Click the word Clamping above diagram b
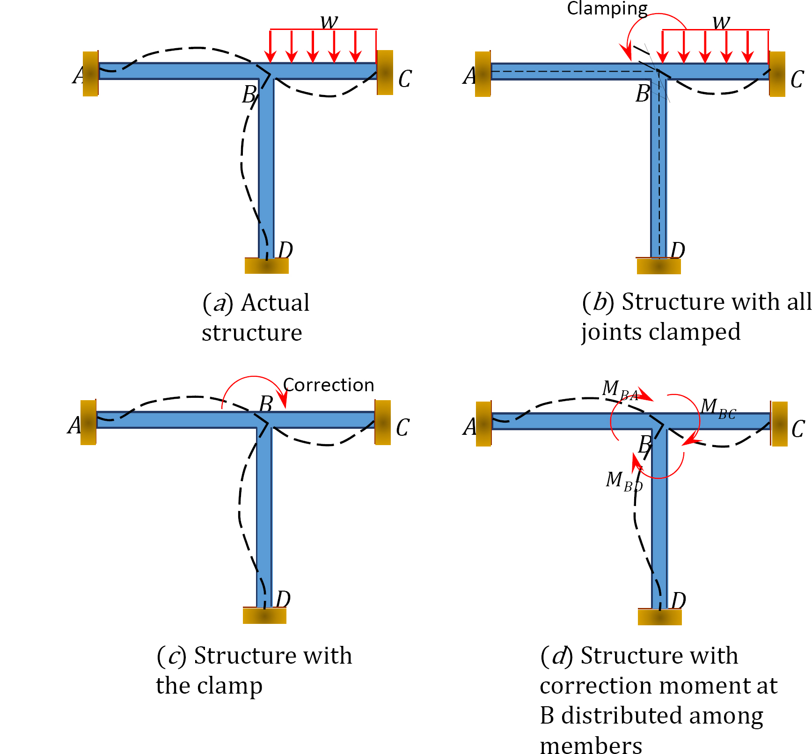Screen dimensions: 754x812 coord(607,8)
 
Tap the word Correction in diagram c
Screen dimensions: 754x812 coord(329,385)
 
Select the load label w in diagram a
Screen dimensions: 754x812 coord(329,21)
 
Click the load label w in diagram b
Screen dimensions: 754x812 coord(721,21)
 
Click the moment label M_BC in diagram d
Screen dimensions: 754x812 coord(717,408)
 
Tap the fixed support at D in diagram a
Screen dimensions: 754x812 coord(266,265)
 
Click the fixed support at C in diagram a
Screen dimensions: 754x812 coord(385,73)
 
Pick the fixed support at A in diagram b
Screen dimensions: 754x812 coord(483,74)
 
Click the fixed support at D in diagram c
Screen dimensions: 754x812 coord(264,615)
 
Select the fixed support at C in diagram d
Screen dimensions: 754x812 coord(779,424)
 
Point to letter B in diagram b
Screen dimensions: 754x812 coord(643,93)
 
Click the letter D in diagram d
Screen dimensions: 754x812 coord(678,600)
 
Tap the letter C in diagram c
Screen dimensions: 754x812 coord(402,427)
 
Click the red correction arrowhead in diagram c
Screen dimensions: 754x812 coord(283,402)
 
